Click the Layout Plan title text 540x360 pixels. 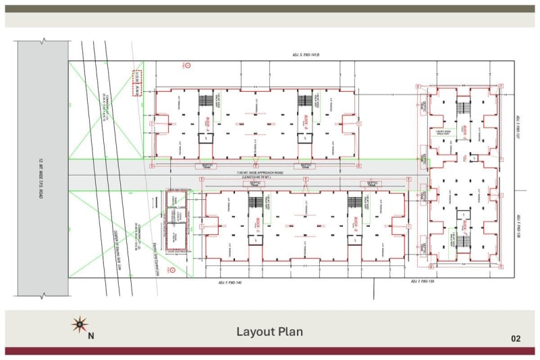[269, 332]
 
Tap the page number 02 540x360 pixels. [516, 338]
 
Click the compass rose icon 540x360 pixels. [80, 325]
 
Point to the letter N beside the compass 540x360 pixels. [91, 335]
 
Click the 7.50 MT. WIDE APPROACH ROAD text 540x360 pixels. [260, 172]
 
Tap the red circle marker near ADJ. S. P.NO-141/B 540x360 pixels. [188, 66]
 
